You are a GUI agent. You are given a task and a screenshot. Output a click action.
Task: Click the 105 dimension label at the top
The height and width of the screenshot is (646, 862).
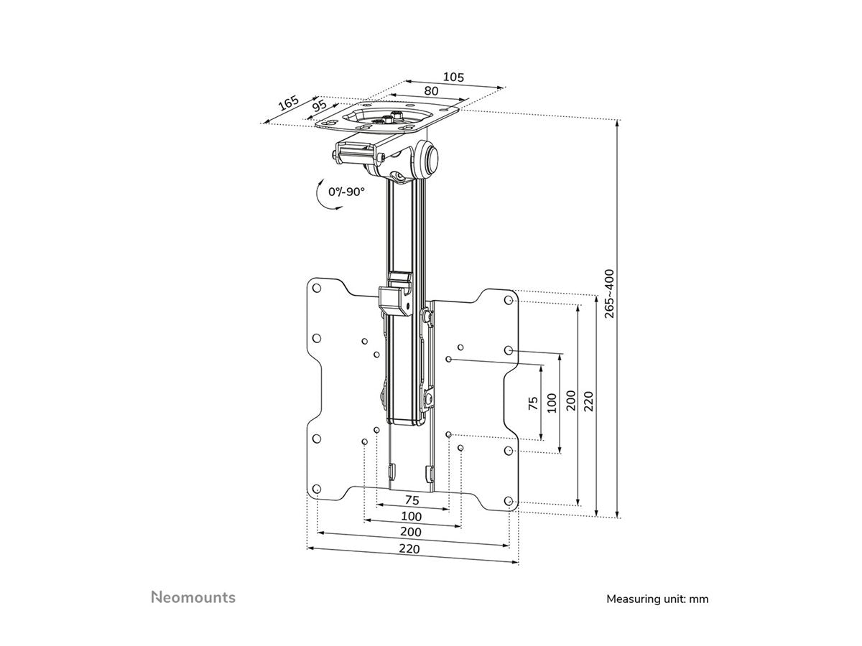454,77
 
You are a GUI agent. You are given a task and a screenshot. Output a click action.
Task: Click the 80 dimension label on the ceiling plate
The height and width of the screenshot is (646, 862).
431,91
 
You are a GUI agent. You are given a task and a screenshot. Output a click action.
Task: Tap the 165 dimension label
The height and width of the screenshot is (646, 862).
289,103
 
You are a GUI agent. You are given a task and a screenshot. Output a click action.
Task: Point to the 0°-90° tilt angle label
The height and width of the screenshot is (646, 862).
347,192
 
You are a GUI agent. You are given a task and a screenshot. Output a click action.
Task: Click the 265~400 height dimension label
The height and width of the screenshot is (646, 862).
609,294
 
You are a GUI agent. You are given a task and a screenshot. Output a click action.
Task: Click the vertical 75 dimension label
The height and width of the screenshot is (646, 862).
533,403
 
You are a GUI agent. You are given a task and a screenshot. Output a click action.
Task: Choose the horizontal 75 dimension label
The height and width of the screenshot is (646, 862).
412,500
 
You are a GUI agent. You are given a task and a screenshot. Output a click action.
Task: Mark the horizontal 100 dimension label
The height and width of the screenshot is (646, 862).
412,516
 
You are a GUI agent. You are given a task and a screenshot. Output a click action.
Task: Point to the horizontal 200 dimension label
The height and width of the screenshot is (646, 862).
411,533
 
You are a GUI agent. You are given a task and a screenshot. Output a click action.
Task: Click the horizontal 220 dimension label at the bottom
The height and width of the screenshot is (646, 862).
411,550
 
